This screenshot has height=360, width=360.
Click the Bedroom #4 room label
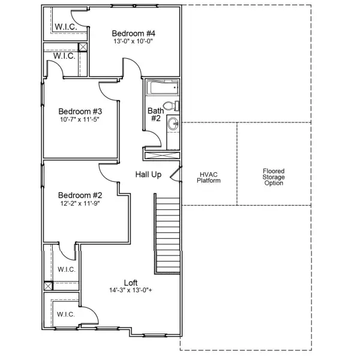[x=134, y=33]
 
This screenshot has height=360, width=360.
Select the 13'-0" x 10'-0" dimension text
[x=134, y=42]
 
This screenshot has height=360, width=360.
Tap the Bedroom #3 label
[x=80, y=111]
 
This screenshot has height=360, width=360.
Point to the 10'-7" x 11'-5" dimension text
[x=80, y=119]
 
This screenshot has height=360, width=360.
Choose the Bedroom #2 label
[x=80, y=195]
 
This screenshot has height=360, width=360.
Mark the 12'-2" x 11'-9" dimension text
[x=80, y=203]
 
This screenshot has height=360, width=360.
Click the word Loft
[x=131, y=283]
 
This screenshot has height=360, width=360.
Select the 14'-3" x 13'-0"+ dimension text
[x=131, y=290]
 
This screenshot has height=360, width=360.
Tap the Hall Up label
[x=148, y=174]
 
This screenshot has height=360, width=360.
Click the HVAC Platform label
[x=209, y=177]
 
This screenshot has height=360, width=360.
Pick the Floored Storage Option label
[x=274, y=177]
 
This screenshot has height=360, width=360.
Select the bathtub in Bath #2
[x=162, y=89]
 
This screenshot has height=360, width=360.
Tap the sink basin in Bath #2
[x=172, y=125]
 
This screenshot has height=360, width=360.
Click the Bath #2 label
[x=155, y=114]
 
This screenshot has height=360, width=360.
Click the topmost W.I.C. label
[x=64, y=27]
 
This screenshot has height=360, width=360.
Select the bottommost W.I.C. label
[x=65, y=314]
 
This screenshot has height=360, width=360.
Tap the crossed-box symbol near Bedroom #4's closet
[x=83, y=47]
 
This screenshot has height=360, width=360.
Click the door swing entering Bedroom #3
[x=108, y=91]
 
